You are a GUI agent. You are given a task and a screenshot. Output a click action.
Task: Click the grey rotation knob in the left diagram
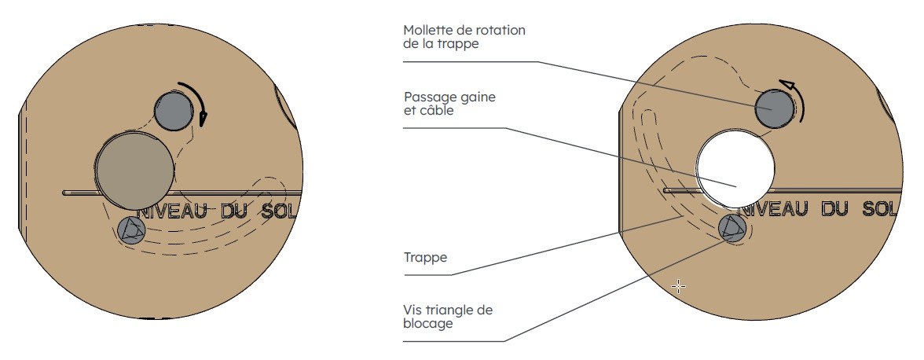tap(173, 111)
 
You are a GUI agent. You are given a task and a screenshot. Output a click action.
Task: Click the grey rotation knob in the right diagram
tap(774, 108)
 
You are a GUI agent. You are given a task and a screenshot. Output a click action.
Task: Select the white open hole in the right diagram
tap(735, 167)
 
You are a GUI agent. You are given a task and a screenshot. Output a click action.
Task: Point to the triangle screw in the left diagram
tap(130, 230)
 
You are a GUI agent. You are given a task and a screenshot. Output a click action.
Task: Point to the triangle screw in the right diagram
tap(733, 228)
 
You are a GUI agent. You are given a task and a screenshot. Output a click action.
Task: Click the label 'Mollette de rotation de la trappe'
tap(464, 37)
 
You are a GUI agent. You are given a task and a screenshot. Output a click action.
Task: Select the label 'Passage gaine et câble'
tap(449, 104)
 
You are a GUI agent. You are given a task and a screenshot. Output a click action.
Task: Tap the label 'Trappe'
tap(425, 256)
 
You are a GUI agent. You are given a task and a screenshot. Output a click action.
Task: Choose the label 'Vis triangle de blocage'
tap(448, 317)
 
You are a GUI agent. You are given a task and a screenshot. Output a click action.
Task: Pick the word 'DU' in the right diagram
tap(837, 209)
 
